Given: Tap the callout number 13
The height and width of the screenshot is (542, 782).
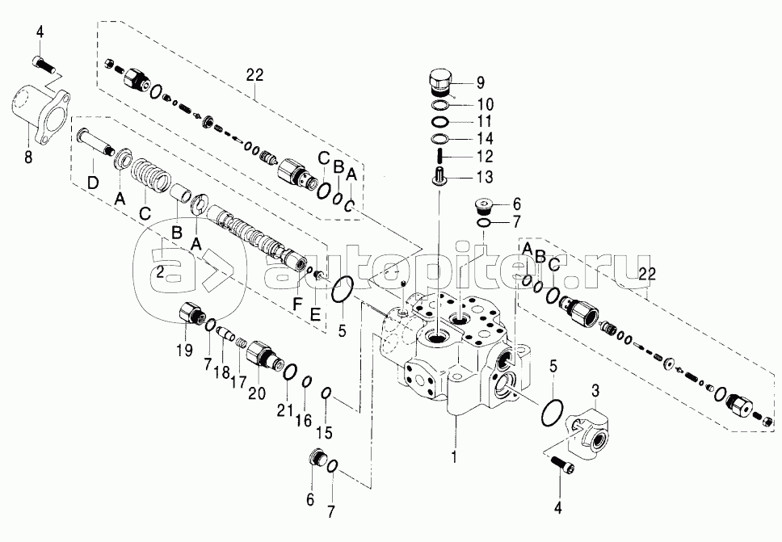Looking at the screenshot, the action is (x=485, y=177).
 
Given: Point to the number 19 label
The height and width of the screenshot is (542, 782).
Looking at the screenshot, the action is (x=184, y=350).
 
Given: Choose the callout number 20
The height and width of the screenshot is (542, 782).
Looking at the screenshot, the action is (x=258, y=393).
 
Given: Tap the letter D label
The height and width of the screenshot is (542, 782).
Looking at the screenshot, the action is (x=93, y=183).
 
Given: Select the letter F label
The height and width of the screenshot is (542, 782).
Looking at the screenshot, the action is (x=298, y=304).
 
